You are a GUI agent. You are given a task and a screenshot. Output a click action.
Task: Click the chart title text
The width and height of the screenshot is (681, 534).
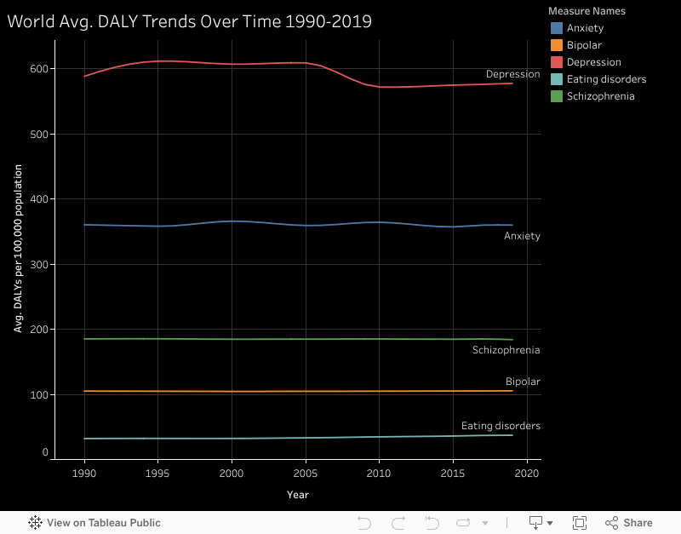tap(190, 21)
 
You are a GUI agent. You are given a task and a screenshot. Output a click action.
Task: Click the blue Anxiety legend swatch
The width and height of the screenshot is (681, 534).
tap(556, 28)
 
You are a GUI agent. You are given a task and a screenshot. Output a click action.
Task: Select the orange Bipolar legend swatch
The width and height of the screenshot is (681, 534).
tap(556, 45)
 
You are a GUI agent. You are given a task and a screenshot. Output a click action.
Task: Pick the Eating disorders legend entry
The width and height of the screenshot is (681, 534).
tap(606, 79)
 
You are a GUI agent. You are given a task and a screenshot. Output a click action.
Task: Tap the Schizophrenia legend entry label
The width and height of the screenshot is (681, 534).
tap(600, 96)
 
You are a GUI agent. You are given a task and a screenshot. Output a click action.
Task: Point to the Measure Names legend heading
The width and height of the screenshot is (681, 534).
tap(587, 11)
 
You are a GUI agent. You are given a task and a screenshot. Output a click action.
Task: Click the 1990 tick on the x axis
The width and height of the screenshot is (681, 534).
tap(84, 473)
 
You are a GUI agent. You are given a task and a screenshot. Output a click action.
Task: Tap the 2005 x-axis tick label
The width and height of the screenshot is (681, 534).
tap(306, 473)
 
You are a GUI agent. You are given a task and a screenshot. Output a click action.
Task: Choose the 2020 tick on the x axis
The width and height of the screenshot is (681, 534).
tap(527, 473)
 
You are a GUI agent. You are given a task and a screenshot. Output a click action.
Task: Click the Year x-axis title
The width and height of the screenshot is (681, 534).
tap(298, 495)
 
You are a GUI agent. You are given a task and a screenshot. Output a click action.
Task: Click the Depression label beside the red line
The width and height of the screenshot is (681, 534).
tap(512, 74)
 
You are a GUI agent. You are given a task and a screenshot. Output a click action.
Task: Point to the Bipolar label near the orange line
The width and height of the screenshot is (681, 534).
tap(523, 382)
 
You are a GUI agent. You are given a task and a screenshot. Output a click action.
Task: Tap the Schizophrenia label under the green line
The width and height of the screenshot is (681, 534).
tap(506, 350)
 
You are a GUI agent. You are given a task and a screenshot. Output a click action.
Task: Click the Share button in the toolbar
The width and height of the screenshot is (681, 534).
tap(629, 523)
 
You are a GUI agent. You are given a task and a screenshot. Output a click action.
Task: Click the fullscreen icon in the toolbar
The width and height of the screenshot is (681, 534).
tap(580, 523)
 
